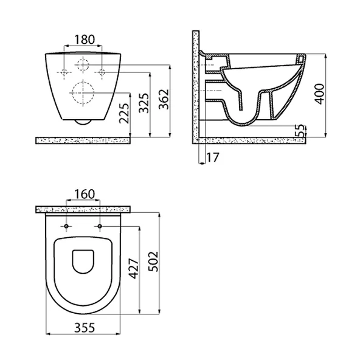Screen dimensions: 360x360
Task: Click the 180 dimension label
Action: [85, 40]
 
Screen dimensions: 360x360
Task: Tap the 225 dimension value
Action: [124, 114]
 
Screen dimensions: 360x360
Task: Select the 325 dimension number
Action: [144, 103]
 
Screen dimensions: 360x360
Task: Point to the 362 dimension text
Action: [164, 99]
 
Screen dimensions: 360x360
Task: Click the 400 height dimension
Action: [319, 94]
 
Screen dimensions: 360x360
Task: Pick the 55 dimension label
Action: [300, 130]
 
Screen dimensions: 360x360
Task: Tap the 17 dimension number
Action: [213, 157]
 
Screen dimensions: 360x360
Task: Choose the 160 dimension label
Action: [85, 194]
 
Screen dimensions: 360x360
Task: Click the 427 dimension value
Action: [133, 269]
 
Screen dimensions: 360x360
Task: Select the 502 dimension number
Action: [153, 261]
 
